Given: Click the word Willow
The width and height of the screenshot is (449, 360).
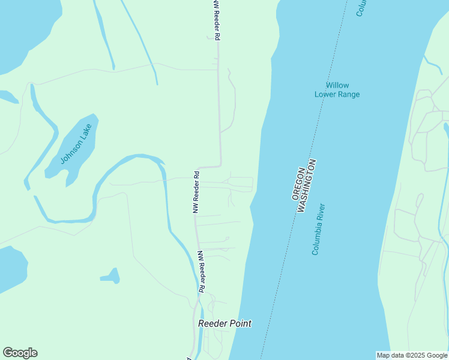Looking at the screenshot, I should pyautogui.click(x=337, y=85).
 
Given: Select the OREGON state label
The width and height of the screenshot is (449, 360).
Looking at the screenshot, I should pyautogui.click(x=299, y=180).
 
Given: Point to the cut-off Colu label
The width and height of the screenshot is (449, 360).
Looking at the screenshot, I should pyautogui.click(x=361, y=8).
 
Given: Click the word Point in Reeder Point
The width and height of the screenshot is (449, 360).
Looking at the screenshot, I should pyautogui.click(x=238, y=323).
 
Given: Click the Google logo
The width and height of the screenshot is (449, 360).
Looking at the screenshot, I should pyautogui.click(x=20, y=353).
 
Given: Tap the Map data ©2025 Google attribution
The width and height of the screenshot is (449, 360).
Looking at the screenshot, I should pyautogui.click(x=412, y=355).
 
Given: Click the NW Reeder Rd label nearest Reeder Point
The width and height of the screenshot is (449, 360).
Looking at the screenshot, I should pyautogui.click(x=202, y=271).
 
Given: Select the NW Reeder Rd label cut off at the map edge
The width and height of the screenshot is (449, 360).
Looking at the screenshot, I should pyautogui.click(x=217, y=20).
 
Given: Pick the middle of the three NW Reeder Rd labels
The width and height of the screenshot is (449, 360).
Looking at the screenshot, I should pyautogui.click(x=196, y=192).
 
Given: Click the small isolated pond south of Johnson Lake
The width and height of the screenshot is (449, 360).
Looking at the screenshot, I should pyautogui.click(x=112, y=277).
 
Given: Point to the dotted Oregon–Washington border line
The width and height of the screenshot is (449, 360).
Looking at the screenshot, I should pyautogui.click(x=282, y=258).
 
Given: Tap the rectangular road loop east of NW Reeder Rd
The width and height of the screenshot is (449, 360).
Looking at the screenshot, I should pyautogui.click(x=240, y=184).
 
